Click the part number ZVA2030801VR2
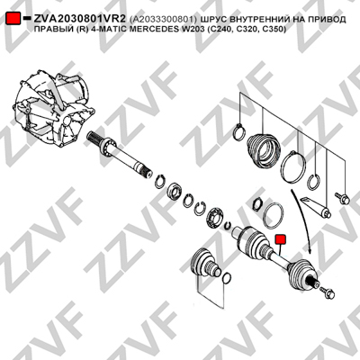(x=79, y=19)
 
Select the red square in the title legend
(x=13, y=19)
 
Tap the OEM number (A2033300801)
(x=164, y=20)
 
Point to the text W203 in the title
(x=193, y=29)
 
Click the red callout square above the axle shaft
(x=281, y=239)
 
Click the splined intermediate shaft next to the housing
(x=120, y=155)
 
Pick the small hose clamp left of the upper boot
(x=239, y=132)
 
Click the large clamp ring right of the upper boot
(x=293, y=166)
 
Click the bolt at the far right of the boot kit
(x=342, y=197)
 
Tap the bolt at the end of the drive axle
(x=327, y=292)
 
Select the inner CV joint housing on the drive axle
(x=251, y=242)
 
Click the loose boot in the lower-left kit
(x=206, y=263)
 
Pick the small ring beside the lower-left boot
(x=227, y=277)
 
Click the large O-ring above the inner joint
(x=274, y=215)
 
